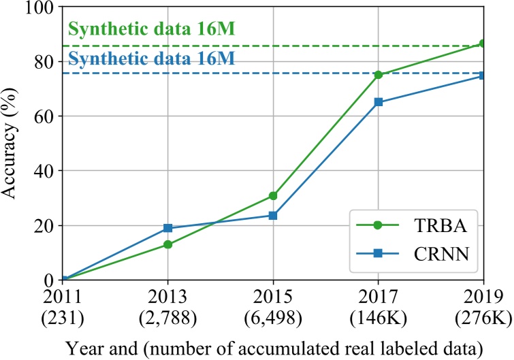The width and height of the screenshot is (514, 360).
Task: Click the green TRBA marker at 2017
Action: click(x=379, y=75)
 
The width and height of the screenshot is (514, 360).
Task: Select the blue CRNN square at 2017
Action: click(x=379, y=102)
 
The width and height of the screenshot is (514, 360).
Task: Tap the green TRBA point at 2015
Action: click(x=273, y=196)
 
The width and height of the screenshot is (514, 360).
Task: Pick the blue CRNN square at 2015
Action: click(x=273, y=216)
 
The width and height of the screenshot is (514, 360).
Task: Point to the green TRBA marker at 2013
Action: click(x=167, y=244)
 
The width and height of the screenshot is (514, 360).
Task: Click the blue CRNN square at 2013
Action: click(x=167, y=228)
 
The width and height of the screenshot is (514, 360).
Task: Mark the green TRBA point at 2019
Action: click(x=483, y=44)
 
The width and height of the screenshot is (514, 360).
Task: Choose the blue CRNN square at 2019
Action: click(x=483, y=76)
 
